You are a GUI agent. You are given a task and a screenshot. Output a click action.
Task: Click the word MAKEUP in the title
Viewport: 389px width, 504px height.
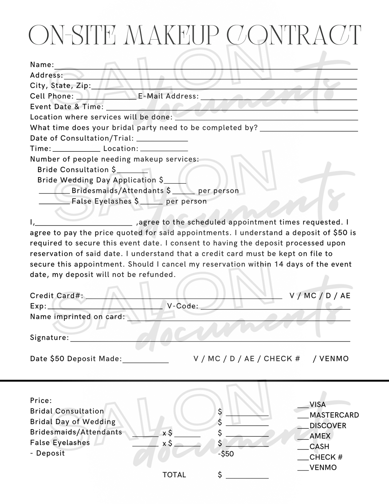171,35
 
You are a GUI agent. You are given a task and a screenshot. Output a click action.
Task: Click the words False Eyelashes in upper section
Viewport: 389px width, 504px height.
101,201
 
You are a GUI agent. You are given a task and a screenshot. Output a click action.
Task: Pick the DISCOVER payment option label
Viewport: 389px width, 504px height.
328,426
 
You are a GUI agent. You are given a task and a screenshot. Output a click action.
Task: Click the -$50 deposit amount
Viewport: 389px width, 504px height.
226,454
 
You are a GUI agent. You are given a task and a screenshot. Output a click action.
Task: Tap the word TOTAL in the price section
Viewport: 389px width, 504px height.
174,475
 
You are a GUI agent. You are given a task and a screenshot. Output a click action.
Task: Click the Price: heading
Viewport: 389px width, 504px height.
41,401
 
